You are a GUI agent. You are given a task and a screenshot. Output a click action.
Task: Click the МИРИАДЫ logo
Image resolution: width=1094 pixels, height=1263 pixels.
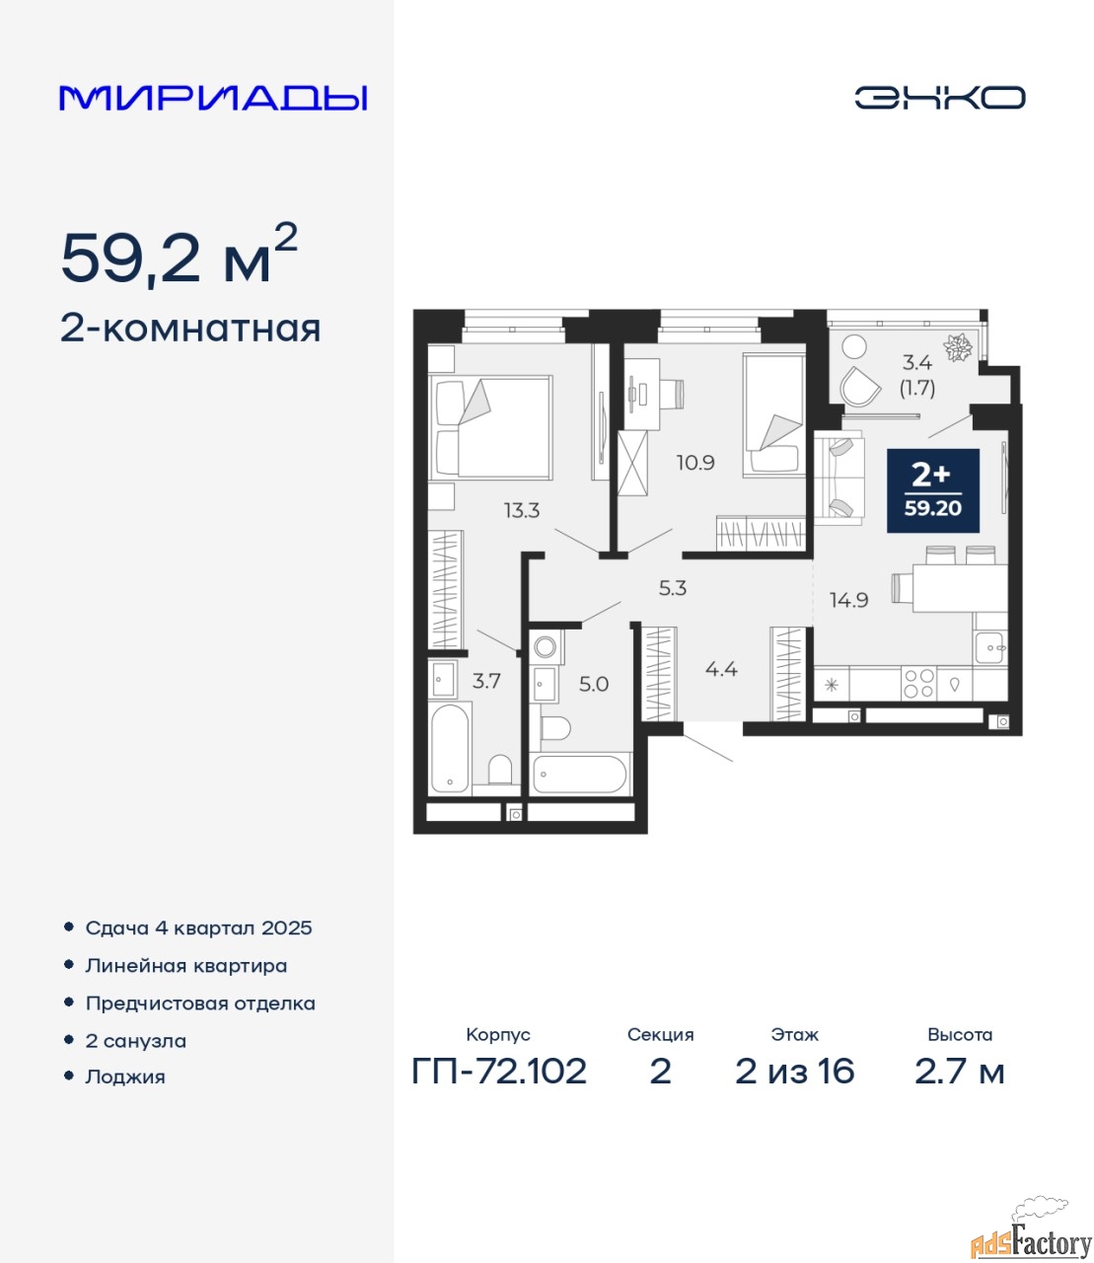tap(213, 98)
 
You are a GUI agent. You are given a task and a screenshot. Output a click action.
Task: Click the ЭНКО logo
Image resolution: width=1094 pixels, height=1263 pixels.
tap(939, 98)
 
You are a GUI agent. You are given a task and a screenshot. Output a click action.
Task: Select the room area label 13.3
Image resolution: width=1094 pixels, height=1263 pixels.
tap(522, 509)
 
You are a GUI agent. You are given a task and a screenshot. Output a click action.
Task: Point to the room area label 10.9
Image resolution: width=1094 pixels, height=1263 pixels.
tap(695, 463)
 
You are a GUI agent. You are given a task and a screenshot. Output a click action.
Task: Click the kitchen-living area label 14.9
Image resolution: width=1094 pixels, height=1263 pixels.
tap(849, 600)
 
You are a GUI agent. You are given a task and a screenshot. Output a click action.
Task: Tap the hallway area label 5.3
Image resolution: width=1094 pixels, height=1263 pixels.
tap(673, 588)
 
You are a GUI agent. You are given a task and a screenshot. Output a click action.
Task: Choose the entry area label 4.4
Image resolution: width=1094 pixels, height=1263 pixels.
tap(721, 669)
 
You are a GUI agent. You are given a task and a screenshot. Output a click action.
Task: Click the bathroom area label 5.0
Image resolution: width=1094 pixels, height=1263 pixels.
tap(594, 684)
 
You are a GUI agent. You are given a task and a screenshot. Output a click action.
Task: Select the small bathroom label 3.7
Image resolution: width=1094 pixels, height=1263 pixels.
tap(486, 681)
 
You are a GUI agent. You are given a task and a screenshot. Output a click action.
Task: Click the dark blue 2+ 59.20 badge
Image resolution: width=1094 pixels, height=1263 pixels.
tap(933, 490)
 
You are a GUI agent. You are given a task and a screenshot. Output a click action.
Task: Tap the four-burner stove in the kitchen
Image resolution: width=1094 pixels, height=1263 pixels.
tap(918, 684)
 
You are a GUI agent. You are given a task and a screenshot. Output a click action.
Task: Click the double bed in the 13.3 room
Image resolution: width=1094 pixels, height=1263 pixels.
tap(490, 427)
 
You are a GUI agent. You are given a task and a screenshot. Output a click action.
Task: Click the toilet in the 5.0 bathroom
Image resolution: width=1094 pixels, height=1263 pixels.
tap(555, 728)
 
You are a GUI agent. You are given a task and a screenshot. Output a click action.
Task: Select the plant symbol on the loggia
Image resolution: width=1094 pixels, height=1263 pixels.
tap(957, 347)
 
